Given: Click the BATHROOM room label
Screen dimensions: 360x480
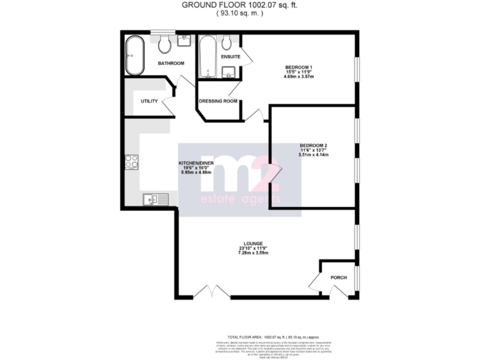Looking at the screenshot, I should tap(171, 63).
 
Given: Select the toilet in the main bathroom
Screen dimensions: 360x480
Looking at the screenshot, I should tap(166, 44).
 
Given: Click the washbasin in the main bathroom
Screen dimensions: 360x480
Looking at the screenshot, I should tap(185, 41).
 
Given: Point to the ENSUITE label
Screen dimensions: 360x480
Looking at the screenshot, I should tap(231, 57).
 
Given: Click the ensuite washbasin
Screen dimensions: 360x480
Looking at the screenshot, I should tap(230, 72).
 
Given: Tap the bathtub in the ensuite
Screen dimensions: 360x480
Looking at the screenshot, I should tap(207, 57).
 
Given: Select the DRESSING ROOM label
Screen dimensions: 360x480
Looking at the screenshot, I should tap(217, 101).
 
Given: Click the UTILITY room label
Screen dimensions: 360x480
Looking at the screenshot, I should tap(149, 101).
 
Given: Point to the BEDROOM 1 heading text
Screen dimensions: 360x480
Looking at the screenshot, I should tap(299, 67).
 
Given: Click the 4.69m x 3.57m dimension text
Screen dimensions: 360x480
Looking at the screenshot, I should tap(299, 77).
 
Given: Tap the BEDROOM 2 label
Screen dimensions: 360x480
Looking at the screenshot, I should tap(313, 146).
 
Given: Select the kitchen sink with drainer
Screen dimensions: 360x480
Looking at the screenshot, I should tap(154, 200).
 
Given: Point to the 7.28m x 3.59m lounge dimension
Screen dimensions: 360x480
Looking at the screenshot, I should tap(253, 253).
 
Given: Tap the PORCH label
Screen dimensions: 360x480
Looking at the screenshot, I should tap(338, 277).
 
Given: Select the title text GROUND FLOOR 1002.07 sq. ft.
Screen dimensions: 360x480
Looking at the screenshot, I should tap(239, 4).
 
